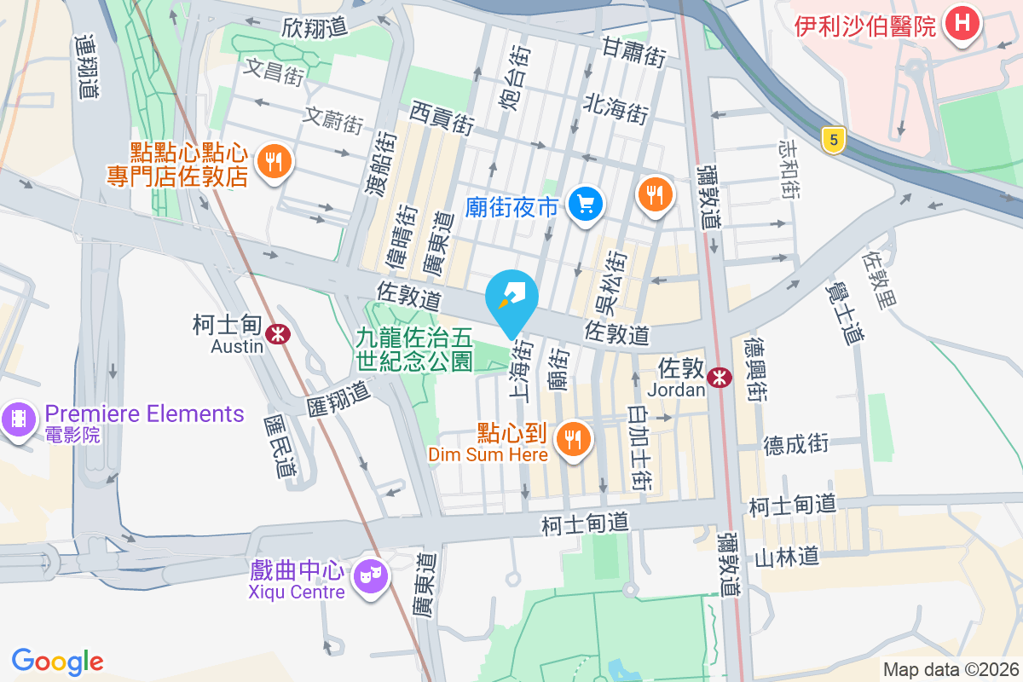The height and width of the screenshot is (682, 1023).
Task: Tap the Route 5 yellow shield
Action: [833, 140]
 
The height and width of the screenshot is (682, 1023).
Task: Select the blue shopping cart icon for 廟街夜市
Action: [586, 205]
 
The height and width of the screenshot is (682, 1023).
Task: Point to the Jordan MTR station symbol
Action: [720, 376]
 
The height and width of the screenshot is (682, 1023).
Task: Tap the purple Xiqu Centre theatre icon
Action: [370, 577]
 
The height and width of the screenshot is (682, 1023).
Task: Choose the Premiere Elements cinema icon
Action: [18, 419]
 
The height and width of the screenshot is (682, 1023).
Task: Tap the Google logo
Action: [57, 661]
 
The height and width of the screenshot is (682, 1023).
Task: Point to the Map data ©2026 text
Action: [950, 669]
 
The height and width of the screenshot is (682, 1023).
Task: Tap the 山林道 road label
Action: [786, 557]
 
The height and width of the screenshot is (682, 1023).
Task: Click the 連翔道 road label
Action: [86, 68]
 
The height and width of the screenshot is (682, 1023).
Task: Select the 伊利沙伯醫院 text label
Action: [864, 26]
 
